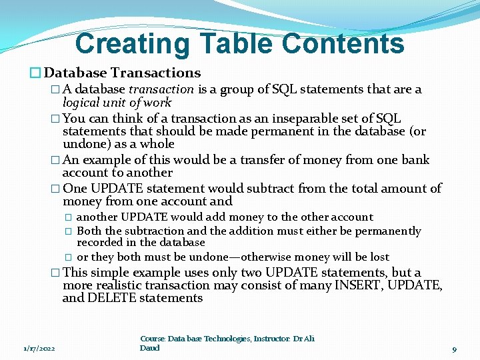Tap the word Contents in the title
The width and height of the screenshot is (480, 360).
pos(343,44)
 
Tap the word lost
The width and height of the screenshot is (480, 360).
pos(379,257)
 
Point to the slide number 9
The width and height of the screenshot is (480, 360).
pos(454,349)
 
